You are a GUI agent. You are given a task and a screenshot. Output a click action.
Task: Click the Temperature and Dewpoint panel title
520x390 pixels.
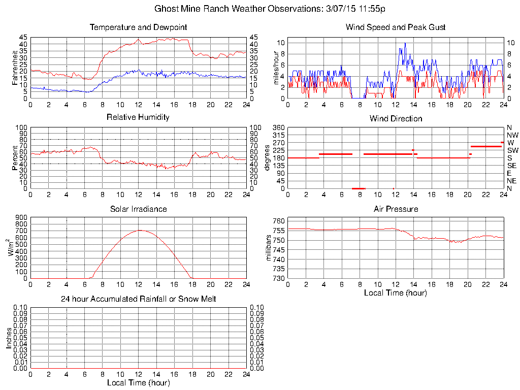pos(138,27)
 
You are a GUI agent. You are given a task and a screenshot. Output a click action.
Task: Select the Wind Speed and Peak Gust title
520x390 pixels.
pos(396,27)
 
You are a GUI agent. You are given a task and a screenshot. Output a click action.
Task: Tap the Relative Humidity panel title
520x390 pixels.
pos(138,117)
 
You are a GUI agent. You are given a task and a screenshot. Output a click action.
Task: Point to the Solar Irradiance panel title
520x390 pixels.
pos(138,209)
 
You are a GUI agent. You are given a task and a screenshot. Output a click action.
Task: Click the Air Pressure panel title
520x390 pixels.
pos(396,209)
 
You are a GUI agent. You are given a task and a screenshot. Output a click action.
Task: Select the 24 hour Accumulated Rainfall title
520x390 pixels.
pos(138,299)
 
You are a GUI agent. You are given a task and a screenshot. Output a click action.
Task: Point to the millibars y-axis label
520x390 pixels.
pos(269,248)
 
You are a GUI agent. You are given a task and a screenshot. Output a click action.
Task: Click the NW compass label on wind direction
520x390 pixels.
pos(512,135)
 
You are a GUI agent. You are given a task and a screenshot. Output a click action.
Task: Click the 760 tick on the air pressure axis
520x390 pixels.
pos(278,221)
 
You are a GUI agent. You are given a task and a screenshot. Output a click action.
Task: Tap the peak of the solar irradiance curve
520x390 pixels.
pos(138,231)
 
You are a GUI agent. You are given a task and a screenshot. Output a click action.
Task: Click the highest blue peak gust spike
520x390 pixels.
pos(405,43)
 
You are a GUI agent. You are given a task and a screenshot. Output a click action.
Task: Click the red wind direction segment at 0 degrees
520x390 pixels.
pos(359,188)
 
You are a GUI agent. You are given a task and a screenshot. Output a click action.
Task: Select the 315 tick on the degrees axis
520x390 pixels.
pos(278,135)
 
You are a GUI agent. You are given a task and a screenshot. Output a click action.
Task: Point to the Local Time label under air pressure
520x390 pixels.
pos(396,293)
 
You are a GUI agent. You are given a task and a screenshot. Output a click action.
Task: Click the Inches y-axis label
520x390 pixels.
pos(9,338)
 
